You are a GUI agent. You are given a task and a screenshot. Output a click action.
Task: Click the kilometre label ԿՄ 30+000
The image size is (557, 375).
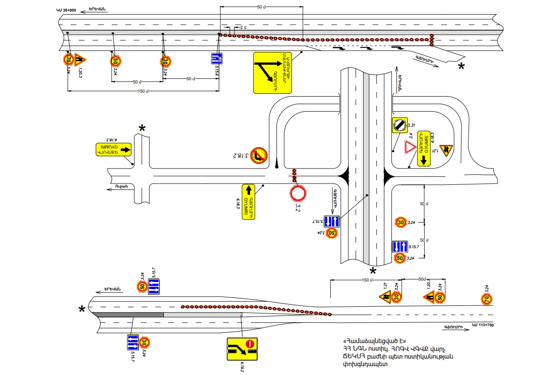(x=66, y=10)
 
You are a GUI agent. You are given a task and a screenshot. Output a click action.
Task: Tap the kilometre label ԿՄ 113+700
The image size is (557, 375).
(x=483, y=325)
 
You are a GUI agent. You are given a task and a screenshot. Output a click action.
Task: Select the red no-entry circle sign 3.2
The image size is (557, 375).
(x=298, y=193)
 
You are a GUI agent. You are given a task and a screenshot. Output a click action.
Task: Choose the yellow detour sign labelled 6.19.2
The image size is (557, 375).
(x=242, y=348)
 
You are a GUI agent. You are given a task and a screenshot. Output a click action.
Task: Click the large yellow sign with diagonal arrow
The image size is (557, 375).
(x=272, y=73)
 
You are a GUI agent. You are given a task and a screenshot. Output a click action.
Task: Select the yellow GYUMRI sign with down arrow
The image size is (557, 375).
(x=424, y=148)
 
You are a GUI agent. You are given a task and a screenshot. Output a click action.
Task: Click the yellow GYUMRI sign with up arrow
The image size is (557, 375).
(x=249, y=201)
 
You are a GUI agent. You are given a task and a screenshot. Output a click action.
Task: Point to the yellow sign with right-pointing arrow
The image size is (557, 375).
(x=113, y=149)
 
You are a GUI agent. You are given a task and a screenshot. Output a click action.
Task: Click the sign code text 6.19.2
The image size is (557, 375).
(x=242, y=367)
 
